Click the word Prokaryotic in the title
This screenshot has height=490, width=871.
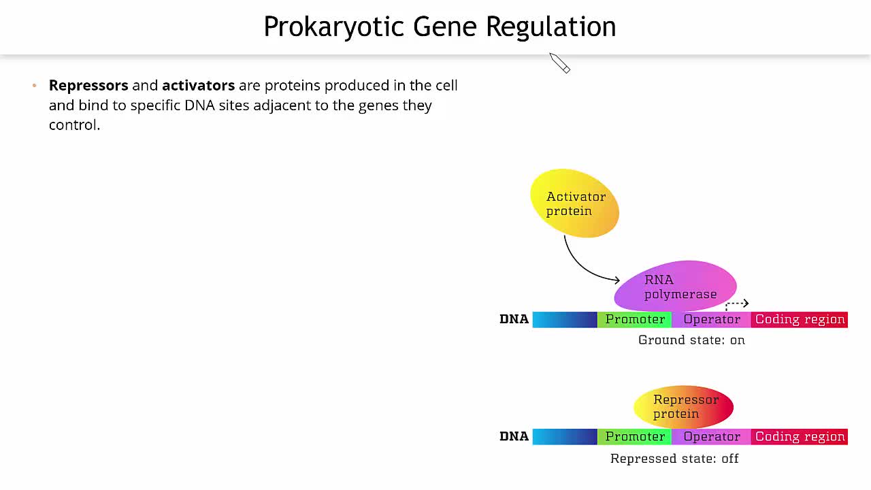(x=333, y=27)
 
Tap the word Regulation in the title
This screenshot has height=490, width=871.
(x=550, y=27)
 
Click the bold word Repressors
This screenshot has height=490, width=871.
(x=88, y=86)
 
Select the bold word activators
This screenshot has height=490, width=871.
(x=198, y=86)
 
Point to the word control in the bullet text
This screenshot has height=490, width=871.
(x=73, y=125)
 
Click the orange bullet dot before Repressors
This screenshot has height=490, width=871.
(x=35, y=86)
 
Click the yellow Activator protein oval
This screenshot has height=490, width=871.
(x=574, y=203)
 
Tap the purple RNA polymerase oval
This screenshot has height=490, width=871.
(x=675, y=286)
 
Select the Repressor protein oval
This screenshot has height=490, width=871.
(x=683, y=407)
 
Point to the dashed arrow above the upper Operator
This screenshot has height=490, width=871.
(x=737, y=304)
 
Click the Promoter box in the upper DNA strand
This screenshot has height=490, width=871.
(x=635, y=320)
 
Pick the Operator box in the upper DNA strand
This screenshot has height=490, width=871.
(x=712, y=320)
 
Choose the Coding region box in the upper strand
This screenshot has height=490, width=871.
(x=800, y=320)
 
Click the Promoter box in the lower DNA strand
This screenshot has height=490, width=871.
(x=635, y=437)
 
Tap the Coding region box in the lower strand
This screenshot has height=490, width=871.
(x=800, y=437)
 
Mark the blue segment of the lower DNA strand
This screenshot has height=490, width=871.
(x=565, y=437)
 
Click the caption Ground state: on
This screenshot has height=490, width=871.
(x=691, y=340)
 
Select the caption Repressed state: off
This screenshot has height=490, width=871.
(x=674, y=459)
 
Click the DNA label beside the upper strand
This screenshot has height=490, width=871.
(x=514, y=320)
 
